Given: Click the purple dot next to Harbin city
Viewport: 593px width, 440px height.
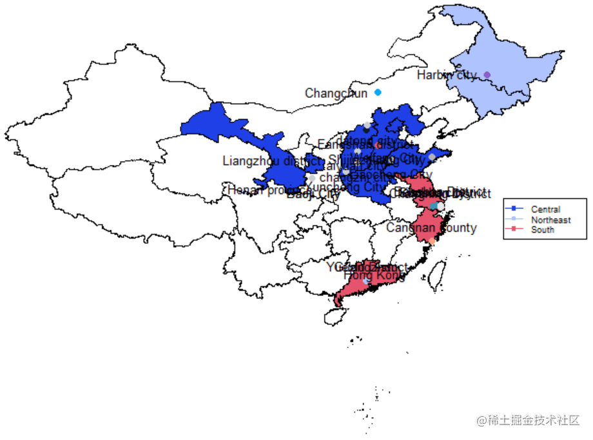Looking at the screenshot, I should (487, 75).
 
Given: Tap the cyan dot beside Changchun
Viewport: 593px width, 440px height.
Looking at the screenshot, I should (378, 92).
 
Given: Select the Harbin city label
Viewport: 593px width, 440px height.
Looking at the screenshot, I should (446, 75).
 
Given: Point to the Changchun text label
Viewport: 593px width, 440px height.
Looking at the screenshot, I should (336, 93).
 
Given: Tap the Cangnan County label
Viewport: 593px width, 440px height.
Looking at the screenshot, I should (431, 227).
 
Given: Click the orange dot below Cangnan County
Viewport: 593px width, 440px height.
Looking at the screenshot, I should (432, 241).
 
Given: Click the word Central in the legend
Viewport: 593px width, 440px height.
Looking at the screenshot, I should (545, 209).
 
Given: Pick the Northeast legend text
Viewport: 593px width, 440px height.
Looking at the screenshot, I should (550, 220).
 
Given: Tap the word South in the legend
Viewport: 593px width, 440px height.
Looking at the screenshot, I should (542, 229).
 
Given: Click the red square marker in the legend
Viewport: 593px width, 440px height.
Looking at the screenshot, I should (514, 229).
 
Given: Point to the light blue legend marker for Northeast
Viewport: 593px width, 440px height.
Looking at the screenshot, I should (514, 220).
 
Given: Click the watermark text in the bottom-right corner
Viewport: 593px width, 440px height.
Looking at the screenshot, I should (528, 420).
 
